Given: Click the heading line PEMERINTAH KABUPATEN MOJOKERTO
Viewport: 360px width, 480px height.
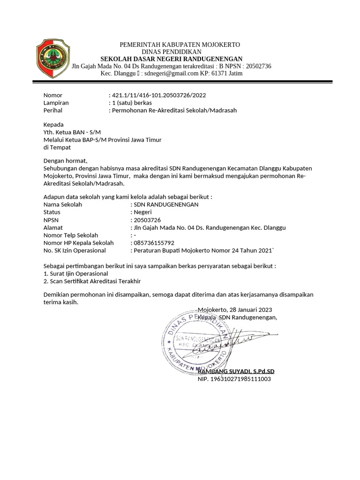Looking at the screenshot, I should [x=180, y=45].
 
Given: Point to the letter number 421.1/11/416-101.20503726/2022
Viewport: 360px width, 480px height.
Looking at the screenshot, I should [x=158, y=95].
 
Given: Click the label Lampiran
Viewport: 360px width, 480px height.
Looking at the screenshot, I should [x=56, y=103].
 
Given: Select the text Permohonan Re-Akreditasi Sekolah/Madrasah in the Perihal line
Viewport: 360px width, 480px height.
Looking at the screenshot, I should [x=174, y=111].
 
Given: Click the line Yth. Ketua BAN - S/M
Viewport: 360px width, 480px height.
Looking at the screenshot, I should [x=72, y=132].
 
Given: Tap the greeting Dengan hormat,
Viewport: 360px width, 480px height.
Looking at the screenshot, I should [x=65, y=161].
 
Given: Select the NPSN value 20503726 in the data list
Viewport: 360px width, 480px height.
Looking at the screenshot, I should [x=147, y=220].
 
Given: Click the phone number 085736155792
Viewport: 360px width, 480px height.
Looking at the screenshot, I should [x=154, y=243].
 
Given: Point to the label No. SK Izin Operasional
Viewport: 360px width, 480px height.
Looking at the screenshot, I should [x=75, y=250].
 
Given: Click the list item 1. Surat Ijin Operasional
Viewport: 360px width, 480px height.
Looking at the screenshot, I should [x=75, y=273].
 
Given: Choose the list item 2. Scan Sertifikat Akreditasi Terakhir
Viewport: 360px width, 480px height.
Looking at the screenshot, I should [x=92, y=281].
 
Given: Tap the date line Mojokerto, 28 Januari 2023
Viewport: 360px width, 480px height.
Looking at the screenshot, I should [x=234, y=310].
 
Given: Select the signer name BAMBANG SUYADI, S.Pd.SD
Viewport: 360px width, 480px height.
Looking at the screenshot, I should [x=236, y=371].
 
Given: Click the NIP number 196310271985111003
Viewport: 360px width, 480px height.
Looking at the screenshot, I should [x=234, y=379].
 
